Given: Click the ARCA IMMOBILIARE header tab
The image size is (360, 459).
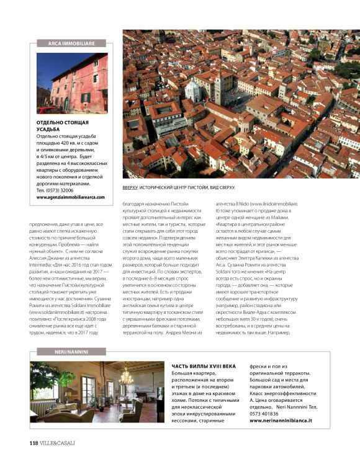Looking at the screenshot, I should [x=71, y=43].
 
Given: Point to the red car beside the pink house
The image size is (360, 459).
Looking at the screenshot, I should [x=45, y=110].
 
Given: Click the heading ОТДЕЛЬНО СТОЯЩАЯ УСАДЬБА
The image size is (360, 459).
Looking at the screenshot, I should [x=58, y=126].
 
